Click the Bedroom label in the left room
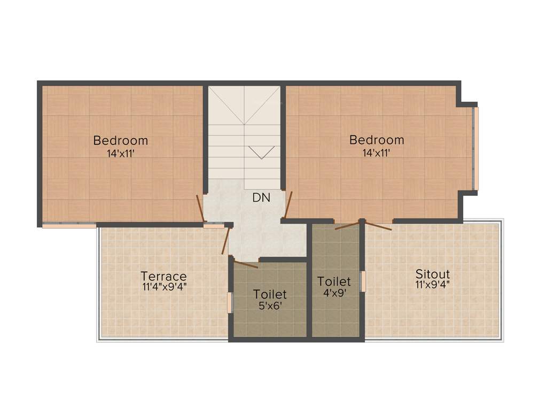[x=120, y=141]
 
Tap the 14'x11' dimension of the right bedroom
[x=376, y=153]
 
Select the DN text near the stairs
[x=261, y=197]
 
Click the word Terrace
[x=163, y=276]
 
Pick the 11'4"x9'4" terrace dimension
[x=164, y=287]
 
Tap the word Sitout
[x=433, y=274]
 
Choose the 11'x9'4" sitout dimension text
[x=433, y=284]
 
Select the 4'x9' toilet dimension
[x=334, y=293]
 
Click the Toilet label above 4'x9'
[x=334, y=281]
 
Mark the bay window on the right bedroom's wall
[x=475, y=148]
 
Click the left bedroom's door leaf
[x=200, y=208]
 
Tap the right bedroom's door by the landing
[x=288, y=205]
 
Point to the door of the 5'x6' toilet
[x=246, y=264]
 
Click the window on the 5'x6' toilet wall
[x=230, y=302]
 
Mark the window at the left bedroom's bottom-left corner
[x=69, y=225]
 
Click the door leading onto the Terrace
[x=225, y=240]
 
